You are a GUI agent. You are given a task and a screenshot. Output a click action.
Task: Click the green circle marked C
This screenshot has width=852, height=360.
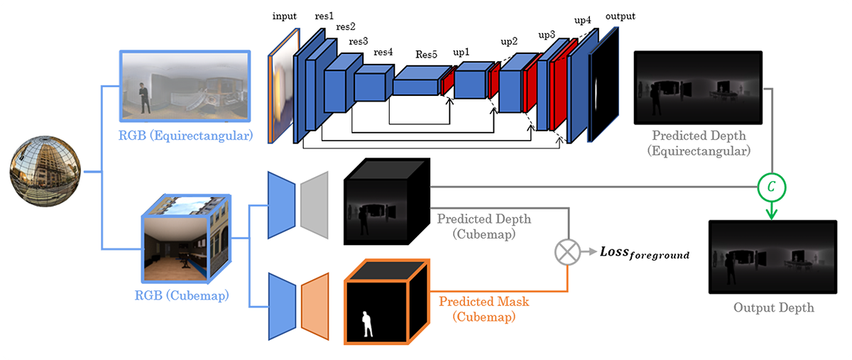(x=771, y=187)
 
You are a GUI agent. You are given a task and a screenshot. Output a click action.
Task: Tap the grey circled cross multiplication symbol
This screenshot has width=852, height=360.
(x=567, y=252)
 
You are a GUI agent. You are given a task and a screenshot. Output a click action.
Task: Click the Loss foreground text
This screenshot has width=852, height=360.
(x=645, y=252)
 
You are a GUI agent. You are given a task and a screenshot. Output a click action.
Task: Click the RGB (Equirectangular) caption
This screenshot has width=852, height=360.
(x=186, y=133)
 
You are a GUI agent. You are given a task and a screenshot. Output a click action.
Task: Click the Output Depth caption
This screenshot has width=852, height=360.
(x=773, y=307)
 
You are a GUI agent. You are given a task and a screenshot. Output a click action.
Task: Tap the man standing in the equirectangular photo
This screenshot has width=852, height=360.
(x=144, y=99)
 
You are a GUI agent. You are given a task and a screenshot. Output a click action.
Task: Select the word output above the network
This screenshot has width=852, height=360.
(x=619, y=16)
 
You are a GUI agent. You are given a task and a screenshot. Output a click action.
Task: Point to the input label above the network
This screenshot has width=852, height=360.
(x=284, y=16)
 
